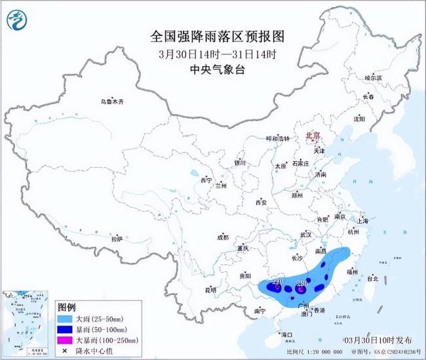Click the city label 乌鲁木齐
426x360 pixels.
111,102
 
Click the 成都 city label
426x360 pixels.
223,237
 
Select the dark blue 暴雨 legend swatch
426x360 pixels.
66,329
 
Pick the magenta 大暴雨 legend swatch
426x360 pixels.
66,340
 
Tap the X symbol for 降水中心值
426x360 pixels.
66,351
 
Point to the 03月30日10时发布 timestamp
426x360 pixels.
378,340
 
